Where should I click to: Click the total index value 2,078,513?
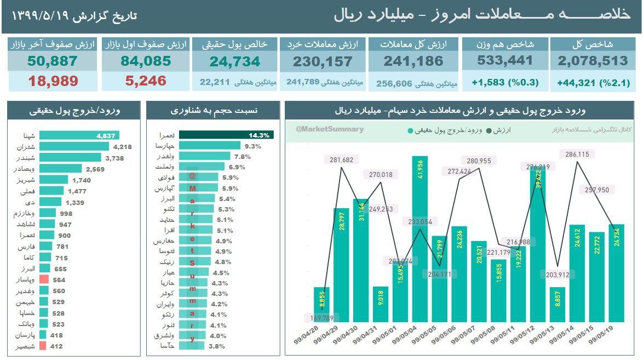[593, 61]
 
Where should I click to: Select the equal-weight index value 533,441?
[505, 61]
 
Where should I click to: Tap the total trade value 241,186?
[413, 61]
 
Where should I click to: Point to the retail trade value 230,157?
[322, 61]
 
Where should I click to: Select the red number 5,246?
[146, 82]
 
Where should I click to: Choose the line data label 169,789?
[323, 317]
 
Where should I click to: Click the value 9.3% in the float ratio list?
[252, 146]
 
